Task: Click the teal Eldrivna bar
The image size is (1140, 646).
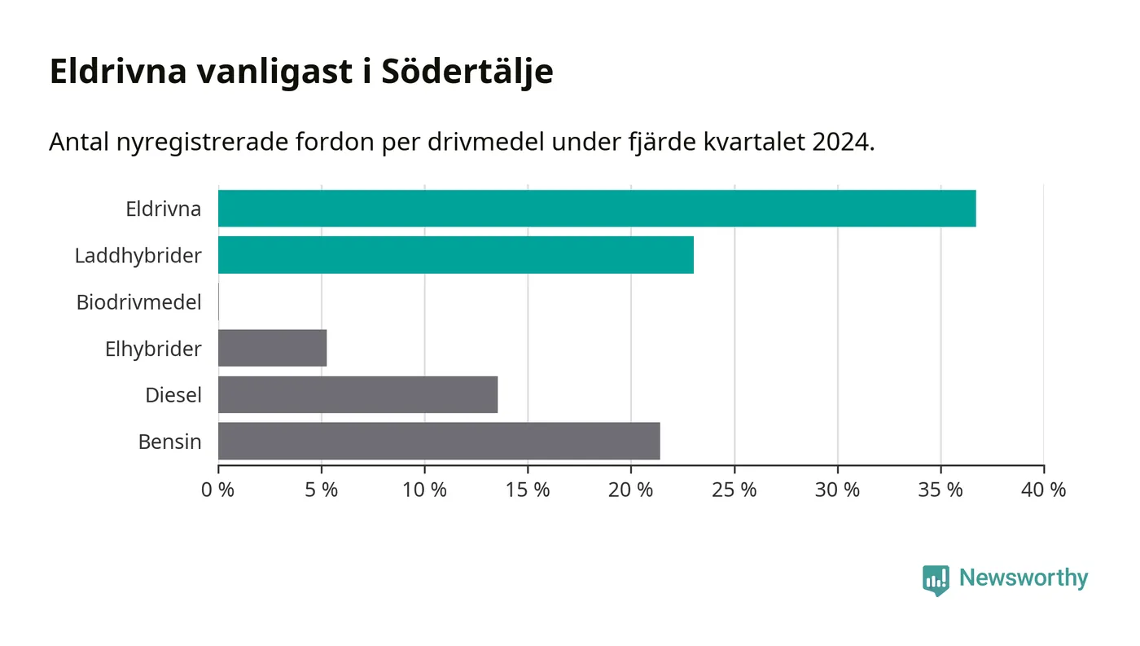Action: (596, 209)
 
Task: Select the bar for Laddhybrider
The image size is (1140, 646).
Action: (456, 255)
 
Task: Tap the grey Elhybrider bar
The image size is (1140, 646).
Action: (272, 349)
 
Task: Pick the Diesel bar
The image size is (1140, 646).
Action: (357, 395)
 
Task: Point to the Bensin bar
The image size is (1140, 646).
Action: (439, 442)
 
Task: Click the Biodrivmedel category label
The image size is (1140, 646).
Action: (138, 302)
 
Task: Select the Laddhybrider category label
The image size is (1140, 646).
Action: (138, 256)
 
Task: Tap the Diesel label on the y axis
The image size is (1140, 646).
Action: (173, 395)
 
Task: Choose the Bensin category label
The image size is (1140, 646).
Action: (169, 442)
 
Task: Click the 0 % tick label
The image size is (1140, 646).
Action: (218, 490)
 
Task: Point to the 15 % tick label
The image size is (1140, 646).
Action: (528, 490)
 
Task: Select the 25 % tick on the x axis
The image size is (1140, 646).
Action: (734, 490)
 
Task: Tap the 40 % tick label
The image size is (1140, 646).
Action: (1043, 490)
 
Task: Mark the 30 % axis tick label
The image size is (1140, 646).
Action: (837, 490)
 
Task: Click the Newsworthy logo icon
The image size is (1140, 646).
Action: (936, 579)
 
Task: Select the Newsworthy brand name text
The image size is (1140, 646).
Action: (1023, 578)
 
